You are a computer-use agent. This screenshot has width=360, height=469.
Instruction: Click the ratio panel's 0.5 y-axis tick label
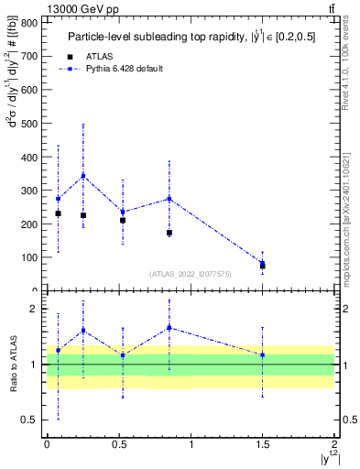(31, 420)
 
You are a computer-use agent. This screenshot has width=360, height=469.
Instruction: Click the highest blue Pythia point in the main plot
(83, 175)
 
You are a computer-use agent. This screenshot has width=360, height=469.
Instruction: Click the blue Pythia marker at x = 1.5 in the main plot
(263, 263)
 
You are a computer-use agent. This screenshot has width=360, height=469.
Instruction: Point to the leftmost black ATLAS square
(58, 213)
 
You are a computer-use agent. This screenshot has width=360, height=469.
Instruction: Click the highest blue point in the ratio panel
(169, 327)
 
